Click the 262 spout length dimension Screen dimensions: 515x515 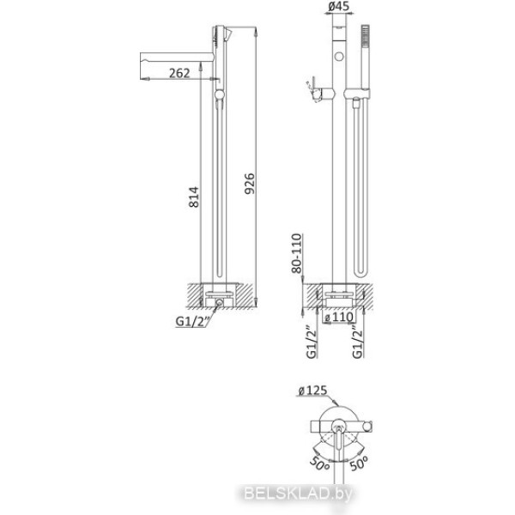click(179, 73)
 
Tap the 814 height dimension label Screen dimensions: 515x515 click(194, 197)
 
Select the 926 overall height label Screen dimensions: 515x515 click(250, 184)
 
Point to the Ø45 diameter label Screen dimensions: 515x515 click(339, 6)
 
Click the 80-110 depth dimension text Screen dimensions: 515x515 click(296, 253)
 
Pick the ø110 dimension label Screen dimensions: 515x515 click(339, 318)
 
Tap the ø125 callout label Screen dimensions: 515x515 click(312, 391)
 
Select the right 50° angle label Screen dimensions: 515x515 click(359, 463)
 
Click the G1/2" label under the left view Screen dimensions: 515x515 click(192, 321)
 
